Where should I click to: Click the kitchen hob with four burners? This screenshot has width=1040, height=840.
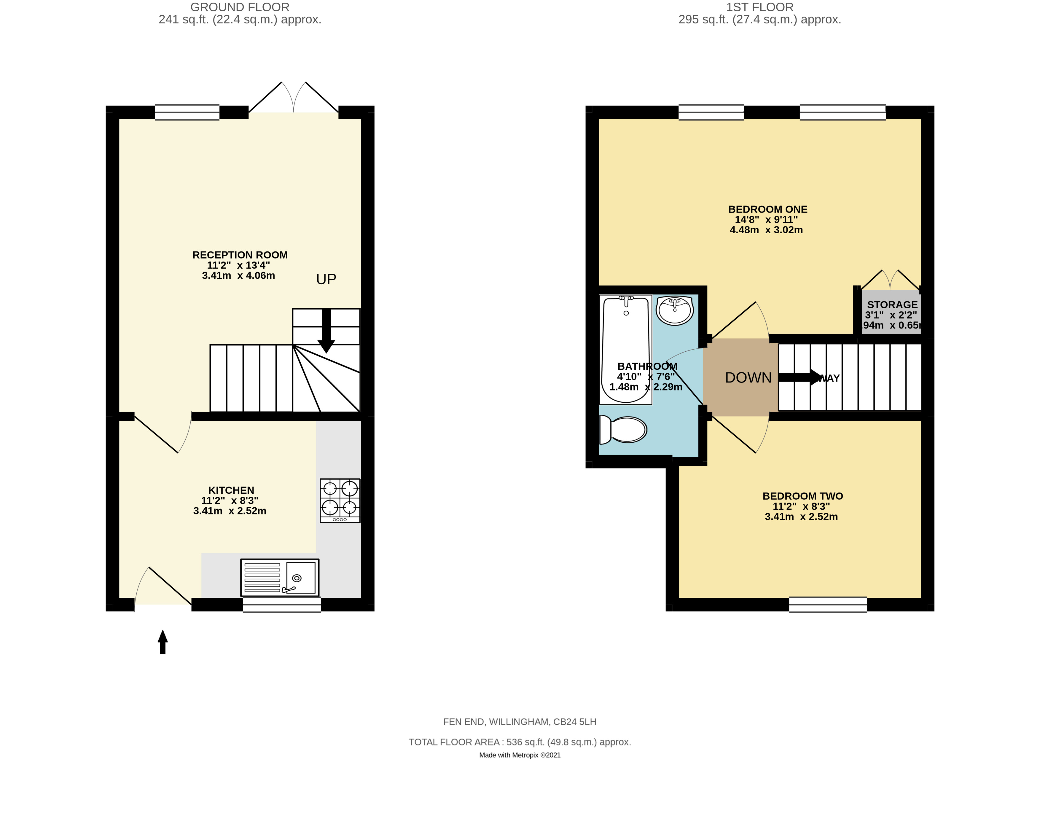(340, 500)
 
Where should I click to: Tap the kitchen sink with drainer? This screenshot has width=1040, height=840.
(280, 578)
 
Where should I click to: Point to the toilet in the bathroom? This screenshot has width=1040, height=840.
(623, 430)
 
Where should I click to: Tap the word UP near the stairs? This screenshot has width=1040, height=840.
(326, 279)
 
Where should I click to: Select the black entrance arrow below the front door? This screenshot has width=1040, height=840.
(163, 642)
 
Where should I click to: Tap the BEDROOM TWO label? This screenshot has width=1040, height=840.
(802, 496)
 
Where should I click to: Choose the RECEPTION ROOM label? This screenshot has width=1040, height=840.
(240, 255)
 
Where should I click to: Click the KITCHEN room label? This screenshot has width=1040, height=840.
(231, 490)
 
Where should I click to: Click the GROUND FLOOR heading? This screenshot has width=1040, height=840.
(240, 7)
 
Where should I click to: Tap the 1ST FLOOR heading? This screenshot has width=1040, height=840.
(759, 7)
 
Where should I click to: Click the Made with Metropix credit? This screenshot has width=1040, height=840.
(520, 755)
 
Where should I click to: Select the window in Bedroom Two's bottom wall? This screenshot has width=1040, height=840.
(828, 604)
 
